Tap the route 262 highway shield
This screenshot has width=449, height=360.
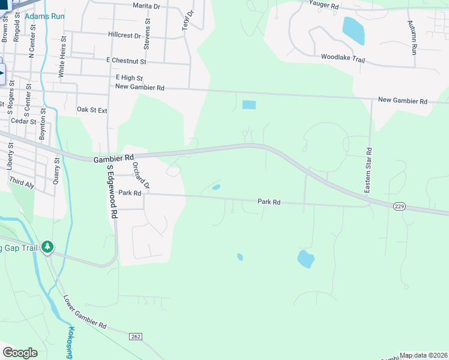tap(135, 337)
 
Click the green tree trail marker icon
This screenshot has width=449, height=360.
tap(47, 247)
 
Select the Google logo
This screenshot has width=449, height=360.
tap(20, 352)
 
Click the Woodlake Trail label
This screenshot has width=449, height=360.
tap(343, 58)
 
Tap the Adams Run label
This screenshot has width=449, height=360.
tap(44, 16)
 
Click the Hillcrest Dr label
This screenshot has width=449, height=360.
tap(125, 35)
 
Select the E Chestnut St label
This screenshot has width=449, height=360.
tap(126, 61)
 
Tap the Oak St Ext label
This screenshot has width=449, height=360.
tap(92, 110)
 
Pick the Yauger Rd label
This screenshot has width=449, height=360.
tap(324, 5)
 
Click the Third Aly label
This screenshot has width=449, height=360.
tap(22, 184)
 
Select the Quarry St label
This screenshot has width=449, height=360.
tap(57, 172)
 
